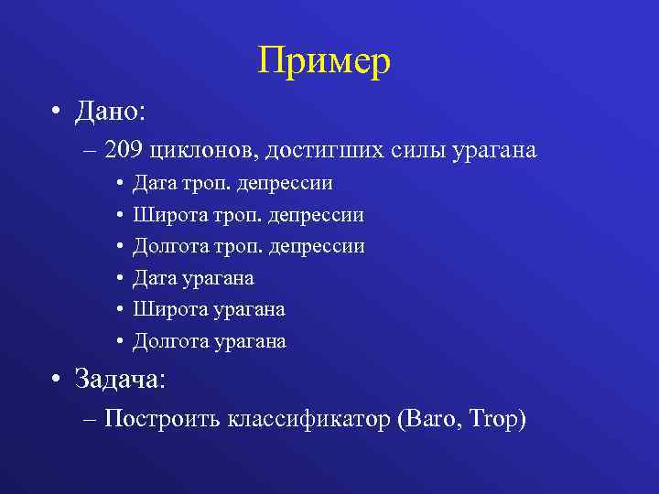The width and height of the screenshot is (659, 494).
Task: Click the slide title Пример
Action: click(x=324, y=62)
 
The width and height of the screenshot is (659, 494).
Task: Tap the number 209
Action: click(x=125, y=149)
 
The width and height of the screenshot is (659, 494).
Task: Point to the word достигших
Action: click(x=303, y=149)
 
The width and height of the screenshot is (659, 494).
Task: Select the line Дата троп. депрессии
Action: click(x=232, y=184)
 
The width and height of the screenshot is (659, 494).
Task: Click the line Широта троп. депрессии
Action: click(x=248, y=215)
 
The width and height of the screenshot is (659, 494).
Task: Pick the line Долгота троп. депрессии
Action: click(x=249, y=247)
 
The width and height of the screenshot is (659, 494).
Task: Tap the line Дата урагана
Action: click(x=193, y=278)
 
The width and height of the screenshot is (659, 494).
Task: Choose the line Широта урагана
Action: click(x=209, y=310)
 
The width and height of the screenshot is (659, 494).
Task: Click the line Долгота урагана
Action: click(x=210, y=342)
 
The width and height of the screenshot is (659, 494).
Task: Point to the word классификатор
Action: click(x=298, y=419)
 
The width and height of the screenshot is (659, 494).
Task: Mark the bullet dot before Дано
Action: click(x=58, y=114)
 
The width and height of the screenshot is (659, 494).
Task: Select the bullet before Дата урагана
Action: click(x=121, y=279)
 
